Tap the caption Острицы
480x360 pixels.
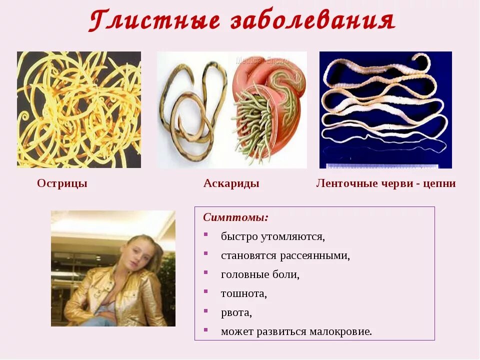(62, 183)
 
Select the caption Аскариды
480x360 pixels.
(231, 183)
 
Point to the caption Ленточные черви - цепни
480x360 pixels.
(385, 183)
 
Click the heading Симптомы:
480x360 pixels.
(235, 217)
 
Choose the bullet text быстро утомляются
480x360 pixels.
(273, 236)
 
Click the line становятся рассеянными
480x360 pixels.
(285, 255)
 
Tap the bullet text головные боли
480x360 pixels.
(260, 274)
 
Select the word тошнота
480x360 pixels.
(243, 293)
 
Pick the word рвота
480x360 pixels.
(236, 312)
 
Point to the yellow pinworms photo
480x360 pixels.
(79, 109)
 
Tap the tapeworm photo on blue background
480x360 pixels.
(385, 105)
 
